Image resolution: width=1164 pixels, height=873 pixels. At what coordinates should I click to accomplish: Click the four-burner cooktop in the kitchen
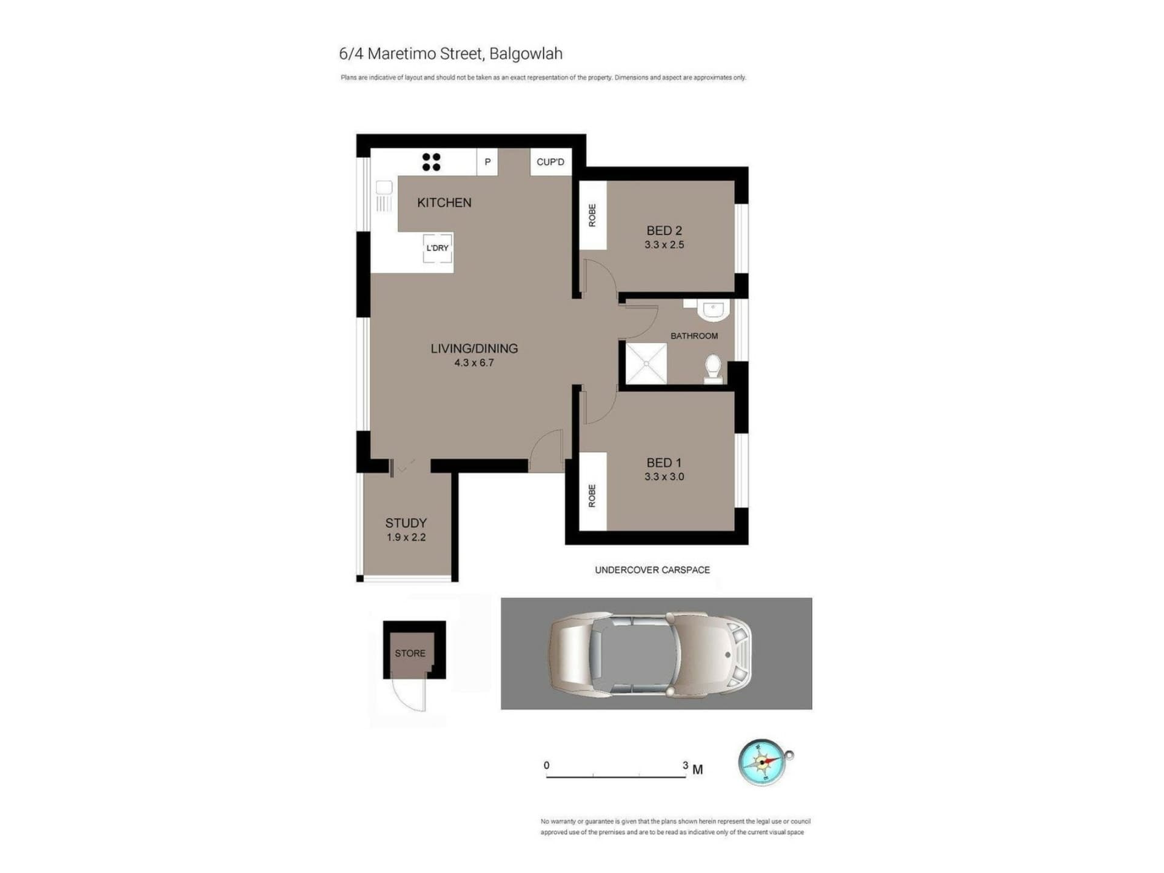[431, 162]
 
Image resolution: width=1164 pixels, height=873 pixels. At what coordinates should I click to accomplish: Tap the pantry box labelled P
[487, 162]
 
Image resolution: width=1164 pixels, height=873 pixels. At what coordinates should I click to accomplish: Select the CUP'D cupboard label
[550, 162]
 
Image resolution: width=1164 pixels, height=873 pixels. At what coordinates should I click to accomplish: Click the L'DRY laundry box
[437, 248]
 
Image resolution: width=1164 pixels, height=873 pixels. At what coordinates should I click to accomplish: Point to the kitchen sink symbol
[384, 195]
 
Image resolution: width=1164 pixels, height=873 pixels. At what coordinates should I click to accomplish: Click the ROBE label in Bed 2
[592, 215]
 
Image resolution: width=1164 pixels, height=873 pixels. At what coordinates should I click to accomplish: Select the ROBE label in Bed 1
[592, 496]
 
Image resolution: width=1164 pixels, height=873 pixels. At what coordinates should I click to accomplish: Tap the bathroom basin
[713, 310]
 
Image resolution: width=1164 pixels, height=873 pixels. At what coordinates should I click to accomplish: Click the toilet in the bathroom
[713, 369]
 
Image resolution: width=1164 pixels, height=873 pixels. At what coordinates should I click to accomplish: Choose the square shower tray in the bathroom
[646, 364]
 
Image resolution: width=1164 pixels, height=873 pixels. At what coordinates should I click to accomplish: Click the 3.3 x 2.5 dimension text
[664, 245]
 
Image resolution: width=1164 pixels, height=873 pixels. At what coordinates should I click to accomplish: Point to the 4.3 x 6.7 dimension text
[474, 363]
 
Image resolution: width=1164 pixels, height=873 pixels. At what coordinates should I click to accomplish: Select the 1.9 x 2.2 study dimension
[406, 537]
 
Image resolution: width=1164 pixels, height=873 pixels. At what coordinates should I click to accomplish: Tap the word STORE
[410, 654]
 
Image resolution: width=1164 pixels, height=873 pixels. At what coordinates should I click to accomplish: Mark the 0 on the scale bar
[546, 765]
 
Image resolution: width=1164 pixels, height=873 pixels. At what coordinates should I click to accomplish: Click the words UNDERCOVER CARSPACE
[652, 570]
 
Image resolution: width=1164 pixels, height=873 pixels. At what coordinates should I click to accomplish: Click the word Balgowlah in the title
[526, 54]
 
